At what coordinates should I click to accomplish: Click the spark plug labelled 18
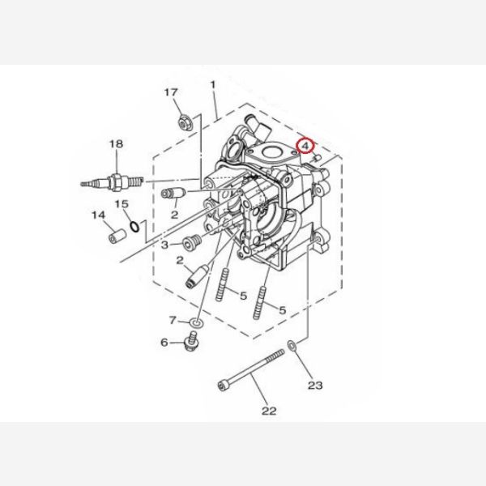tap(113, 182)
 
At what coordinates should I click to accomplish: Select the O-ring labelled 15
tap(134, 227)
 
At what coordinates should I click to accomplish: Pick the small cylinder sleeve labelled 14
tap(117, 236)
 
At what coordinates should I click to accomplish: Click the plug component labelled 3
tap(193, 242)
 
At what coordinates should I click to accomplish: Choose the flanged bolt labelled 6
tap(191, 341)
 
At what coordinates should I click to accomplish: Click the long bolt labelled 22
tap(251, 370)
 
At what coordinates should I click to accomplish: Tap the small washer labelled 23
tap(292, 346)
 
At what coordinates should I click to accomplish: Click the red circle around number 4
tap(305, 146)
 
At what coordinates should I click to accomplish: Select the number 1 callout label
tap(212, 84)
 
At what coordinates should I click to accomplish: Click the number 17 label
tap(171, 92)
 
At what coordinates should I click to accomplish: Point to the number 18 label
tap(116, 144)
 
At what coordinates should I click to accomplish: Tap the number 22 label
tap(269, 411)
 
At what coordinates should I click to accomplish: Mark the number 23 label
tap(315, 386)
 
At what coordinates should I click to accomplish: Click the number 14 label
tap(98, 215)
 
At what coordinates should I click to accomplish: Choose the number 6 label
tap(164, 343)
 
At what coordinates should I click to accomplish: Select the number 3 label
tap(164, 245)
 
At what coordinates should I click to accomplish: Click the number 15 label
tap(122, 204)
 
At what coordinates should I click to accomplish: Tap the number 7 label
tap(173, 320)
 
